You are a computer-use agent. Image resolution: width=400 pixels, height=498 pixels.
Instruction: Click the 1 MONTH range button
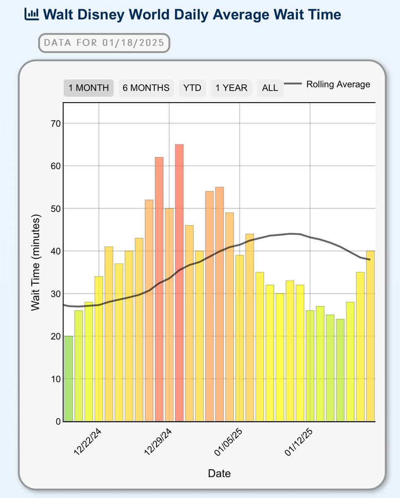[x=88, y=88]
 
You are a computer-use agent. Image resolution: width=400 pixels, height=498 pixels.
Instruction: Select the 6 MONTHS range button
[x=146, y=88]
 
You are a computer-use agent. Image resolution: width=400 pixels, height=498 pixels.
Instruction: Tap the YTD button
[x=192, y=88]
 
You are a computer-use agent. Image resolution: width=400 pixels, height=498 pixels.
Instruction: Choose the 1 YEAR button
[x=231, y=88]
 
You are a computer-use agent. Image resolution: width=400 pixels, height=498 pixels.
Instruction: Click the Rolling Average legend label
[x=338, y=85]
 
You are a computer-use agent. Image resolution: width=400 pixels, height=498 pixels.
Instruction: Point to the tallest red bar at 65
[x=179, y=282]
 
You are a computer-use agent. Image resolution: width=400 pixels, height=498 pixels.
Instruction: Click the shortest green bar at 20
[x=68, y=378]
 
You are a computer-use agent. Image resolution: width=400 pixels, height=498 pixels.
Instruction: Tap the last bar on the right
[x=371, y=336]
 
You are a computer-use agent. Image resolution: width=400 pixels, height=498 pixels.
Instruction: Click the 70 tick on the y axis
[x=55, y=124]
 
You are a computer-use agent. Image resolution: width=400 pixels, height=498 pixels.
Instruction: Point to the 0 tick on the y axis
[x=58, y=422]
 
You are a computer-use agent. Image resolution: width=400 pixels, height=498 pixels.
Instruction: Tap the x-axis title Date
[x=219, y=474]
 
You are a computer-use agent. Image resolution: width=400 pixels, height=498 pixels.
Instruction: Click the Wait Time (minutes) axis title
[x=36, y=263]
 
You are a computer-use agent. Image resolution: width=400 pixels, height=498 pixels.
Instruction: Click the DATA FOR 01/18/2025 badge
[x=104, y=43]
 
